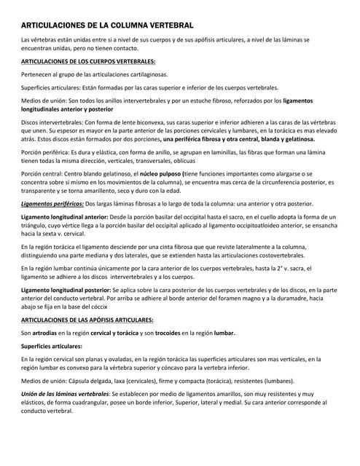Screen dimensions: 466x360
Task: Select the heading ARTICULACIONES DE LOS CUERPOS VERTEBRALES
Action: click(x=88, y=61)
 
